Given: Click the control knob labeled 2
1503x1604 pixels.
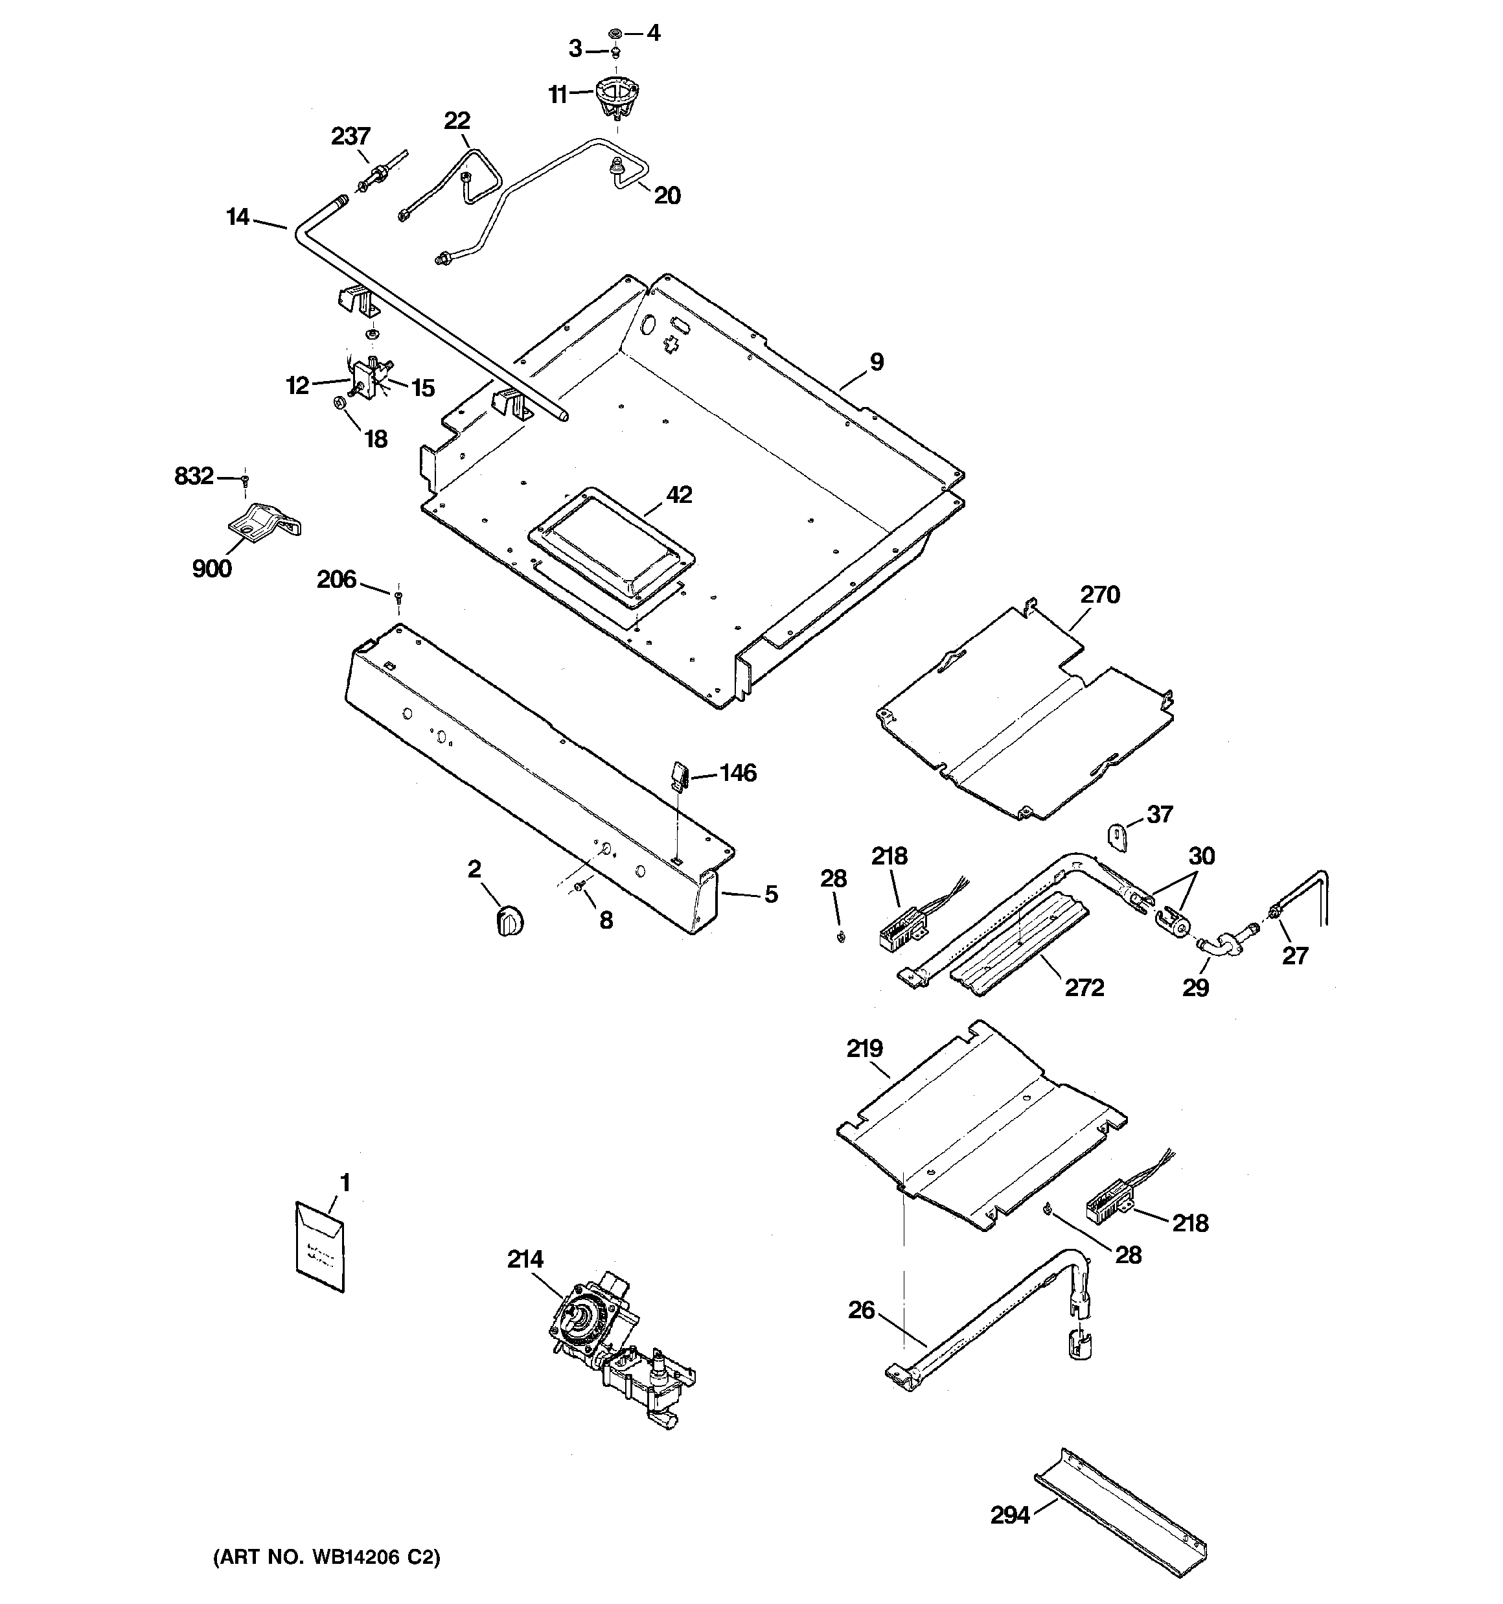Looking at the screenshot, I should (x=509, y=920).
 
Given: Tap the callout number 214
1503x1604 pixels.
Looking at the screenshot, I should (x=525, y=1259).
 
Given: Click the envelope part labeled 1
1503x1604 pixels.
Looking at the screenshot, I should (x=319, y=1246).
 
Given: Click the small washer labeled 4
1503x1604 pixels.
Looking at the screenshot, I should (x=615, y=34).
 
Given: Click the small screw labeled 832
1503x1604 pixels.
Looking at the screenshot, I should (x=244, y=480).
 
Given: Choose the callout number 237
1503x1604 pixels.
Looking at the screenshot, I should (x=350, y=136).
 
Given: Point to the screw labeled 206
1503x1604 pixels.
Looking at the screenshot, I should (x=398, y=596).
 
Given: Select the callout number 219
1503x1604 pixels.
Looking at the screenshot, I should (x=864, y=1048).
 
